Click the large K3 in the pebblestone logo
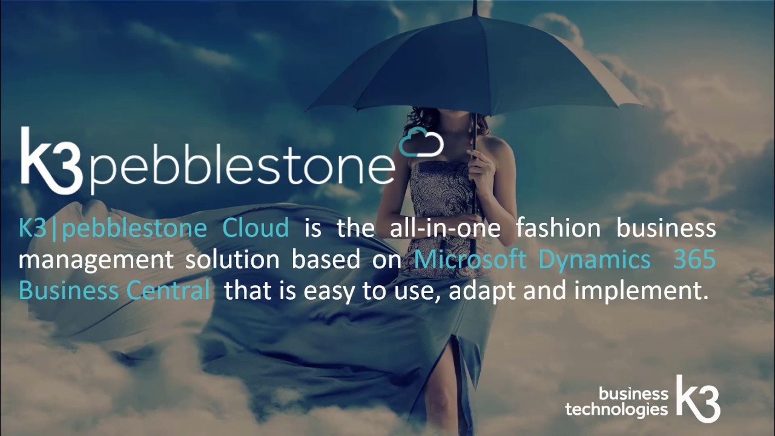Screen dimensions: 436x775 coord(51,160)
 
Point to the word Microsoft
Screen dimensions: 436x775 coord(470,259)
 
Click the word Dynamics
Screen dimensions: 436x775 coord(594,259)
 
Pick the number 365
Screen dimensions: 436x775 coord(694,259)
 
